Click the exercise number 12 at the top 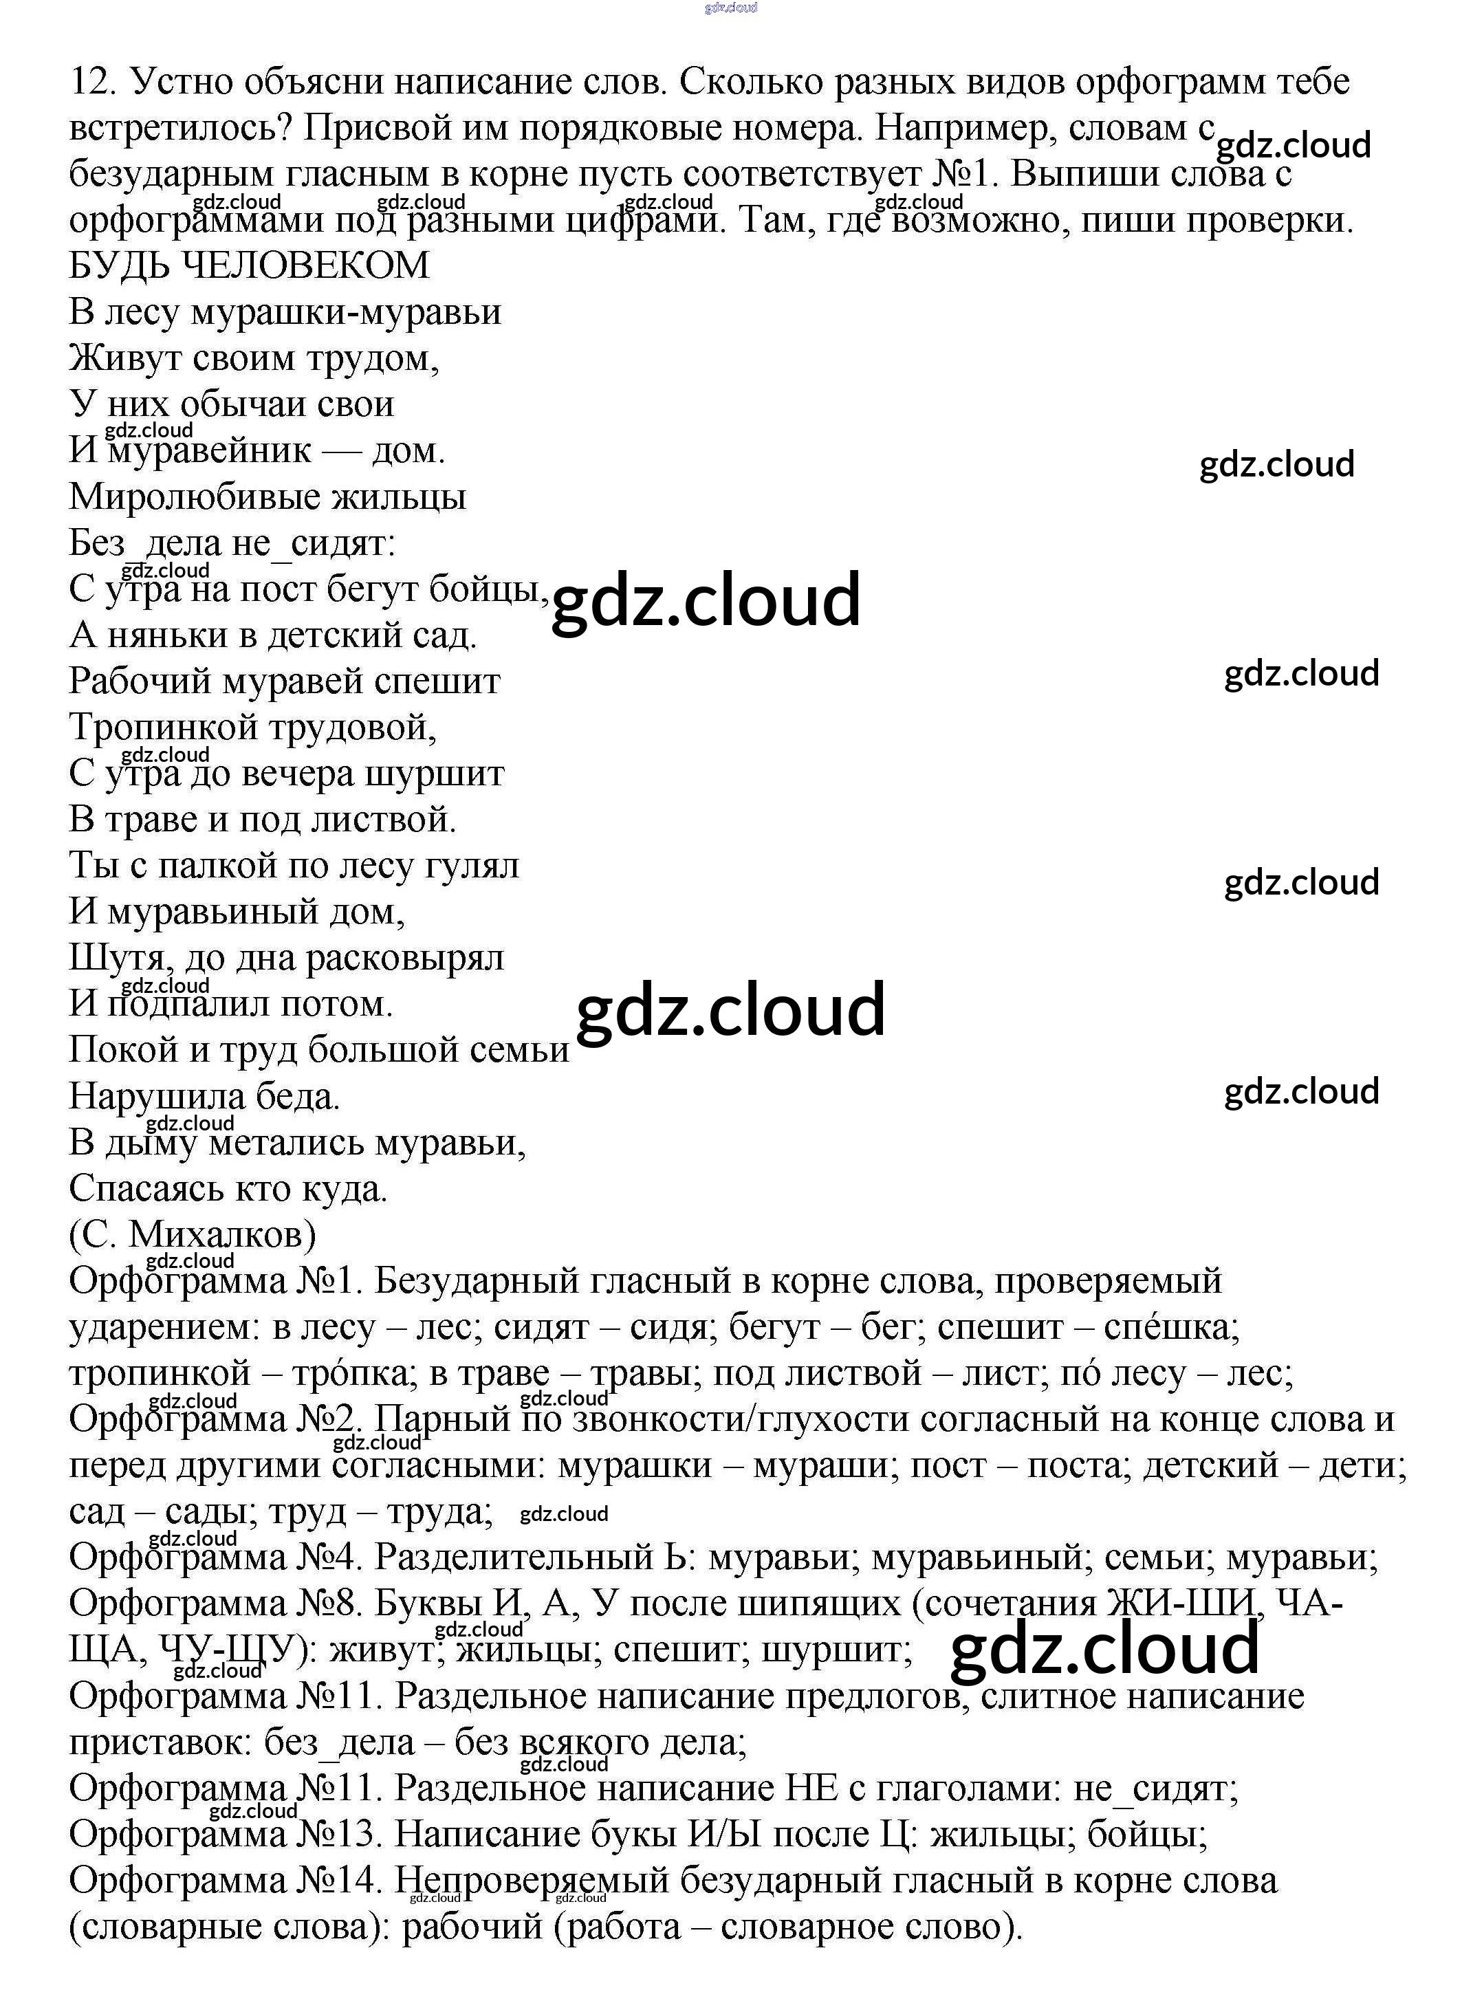[92, 82]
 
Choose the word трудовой [353, 728]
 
